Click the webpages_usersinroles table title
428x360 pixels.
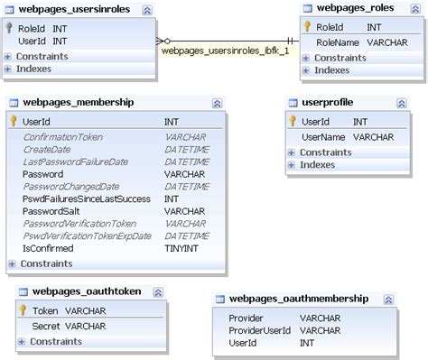(75, 8)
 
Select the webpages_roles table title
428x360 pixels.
(368, 8)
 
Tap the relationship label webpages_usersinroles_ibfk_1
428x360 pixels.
(225, 51)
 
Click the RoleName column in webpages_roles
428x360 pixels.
(338, 42)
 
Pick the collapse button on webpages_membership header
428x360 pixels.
(217, 104)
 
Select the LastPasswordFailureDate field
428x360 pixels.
(75, 162)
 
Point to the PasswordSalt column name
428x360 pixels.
(51, 210)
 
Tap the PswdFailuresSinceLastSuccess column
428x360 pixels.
(88, 198)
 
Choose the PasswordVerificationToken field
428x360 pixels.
(79, 223)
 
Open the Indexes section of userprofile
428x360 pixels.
(318, 165)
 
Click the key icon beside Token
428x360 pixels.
(24, 310)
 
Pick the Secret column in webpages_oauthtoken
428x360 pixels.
(47, 326)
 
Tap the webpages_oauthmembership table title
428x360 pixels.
(298, 299)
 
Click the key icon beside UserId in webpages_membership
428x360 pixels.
(14, 121)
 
